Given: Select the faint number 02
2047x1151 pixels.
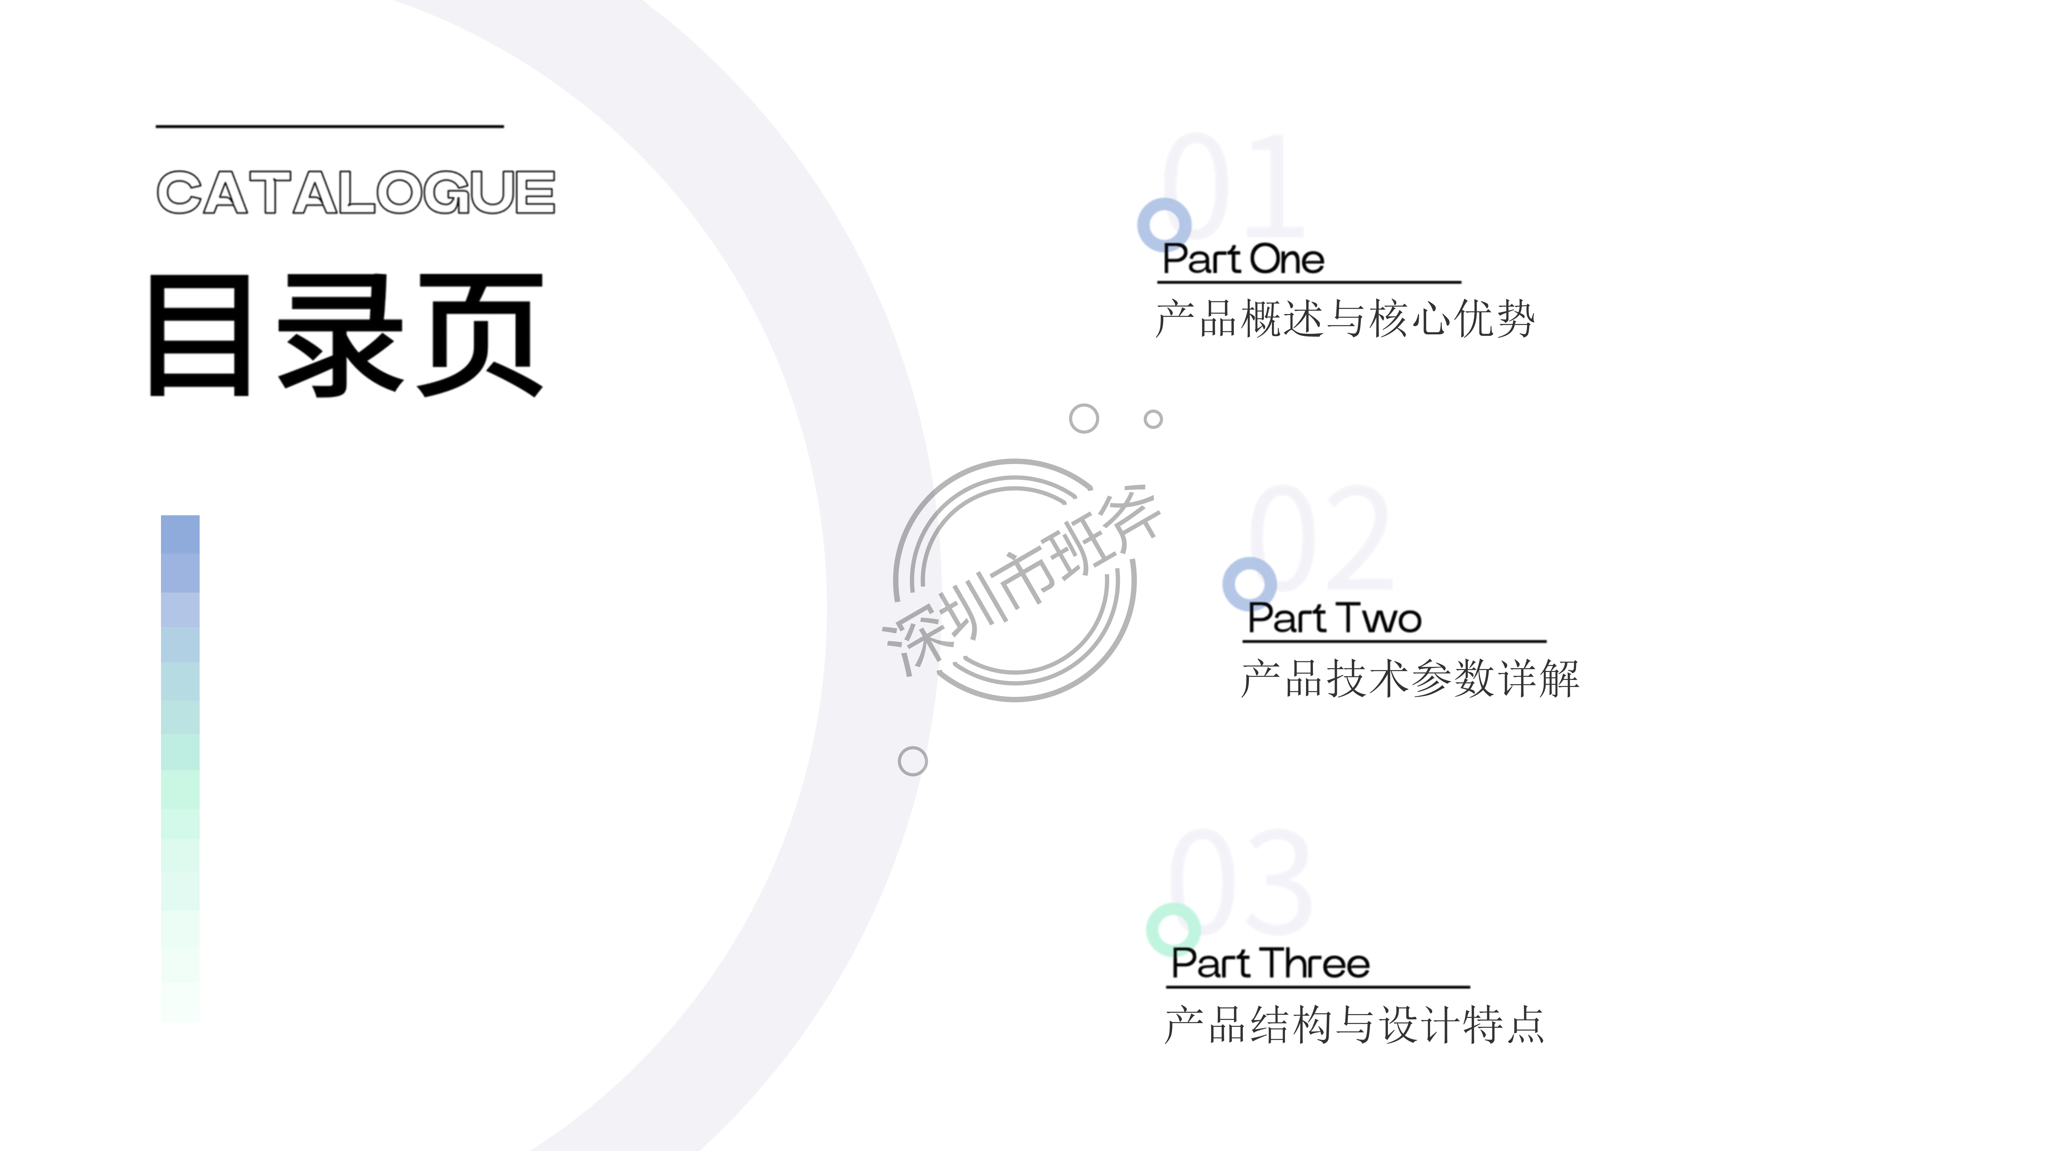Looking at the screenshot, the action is click(1319, 537).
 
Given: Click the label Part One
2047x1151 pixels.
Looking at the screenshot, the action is click(1243, 260).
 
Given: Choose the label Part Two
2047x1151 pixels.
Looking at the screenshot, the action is click(1334, 618).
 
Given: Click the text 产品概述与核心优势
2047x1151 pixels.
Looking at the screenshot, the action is click(1344, 319).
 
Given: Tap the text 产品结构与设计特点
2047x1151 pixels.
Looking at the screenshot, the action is click(1354, 1025).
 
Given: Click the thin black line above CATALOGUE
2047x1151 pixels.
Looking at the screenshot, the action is click(330, 125).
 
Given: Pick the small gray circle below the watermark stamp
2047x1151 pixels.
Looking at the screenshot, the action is click(912, 761).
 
